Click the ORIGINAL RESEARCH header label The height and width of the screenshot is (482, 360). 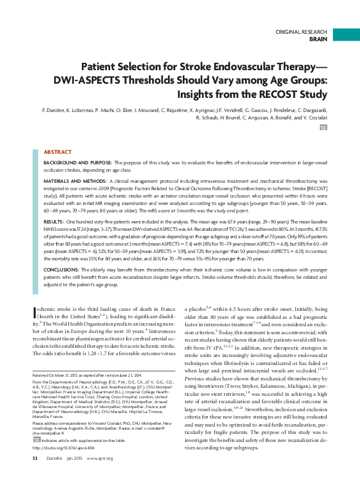point(301,31)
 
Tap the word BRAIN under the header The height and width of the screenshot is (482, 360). point(318,38)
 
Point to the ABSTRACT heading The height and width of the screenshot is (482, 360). point(58,151)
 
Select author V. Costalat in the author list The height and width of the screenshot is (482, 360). point(311,116)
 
